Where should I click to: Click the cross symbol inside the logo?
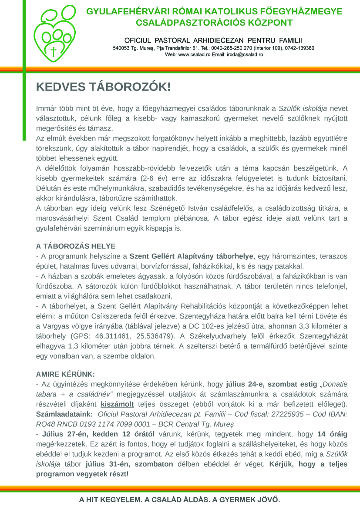click(54, 52)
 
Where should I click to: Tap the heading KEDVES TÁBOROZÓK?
click(103, 87)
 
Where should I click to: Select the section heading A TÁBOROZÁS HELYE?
click(76, 246)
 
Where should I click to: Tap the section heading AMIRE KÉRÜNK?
click(65, 374)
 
